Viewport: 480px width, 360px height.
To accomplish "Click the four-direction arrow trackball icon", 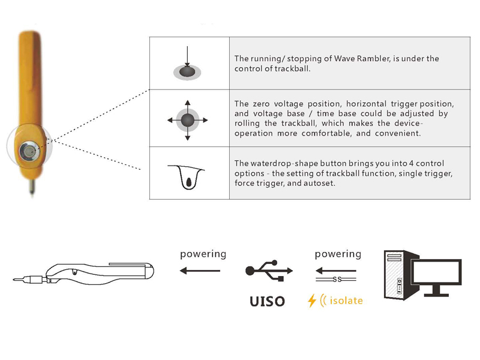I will click(188, 120).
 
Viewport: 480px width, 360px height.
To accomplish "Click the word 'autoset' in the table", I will click(331, 184).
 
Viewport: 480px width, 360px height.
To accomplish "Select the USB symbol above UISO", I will click(267, 272).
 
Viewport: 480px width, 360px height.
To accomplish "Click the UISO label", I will click(267, 300).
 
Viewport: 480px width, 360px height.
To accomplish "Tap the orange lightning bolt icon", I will click(311, 300).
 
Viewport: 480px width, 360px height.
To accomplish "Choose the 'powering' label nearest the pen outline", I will click(203, 254).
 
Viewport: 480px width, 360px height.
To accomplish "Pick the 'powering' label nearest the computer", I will click(338, 254).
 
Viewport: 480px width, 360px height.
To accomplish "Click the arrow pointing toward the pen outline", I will click(200, 271).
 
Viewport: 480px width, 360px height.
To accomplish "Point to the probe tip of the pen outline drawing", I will click(17, 278).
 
